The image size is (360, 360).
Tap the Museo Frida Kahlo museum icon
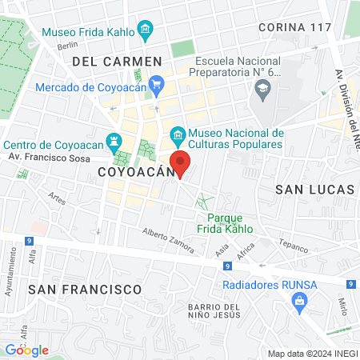(146, 32)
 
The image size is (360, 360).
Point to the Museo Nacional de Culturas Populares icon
(178, 133)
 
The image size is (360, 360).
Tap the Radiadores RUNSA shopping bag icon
(300, 302)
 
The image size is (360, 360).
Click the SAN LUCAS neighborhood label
(314, 190)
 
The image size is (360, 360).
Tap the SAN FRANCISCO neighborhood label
(85, 288)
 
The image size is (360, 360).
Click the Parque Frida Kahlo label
(230, 223)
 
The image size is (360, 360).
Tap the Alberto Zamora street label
(168, 241)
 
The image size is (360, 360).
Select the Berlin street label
(67, 46)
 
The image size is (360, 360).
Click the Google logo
(26, 350)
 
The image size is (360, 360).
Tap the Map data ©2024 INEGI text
(312, 354)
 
